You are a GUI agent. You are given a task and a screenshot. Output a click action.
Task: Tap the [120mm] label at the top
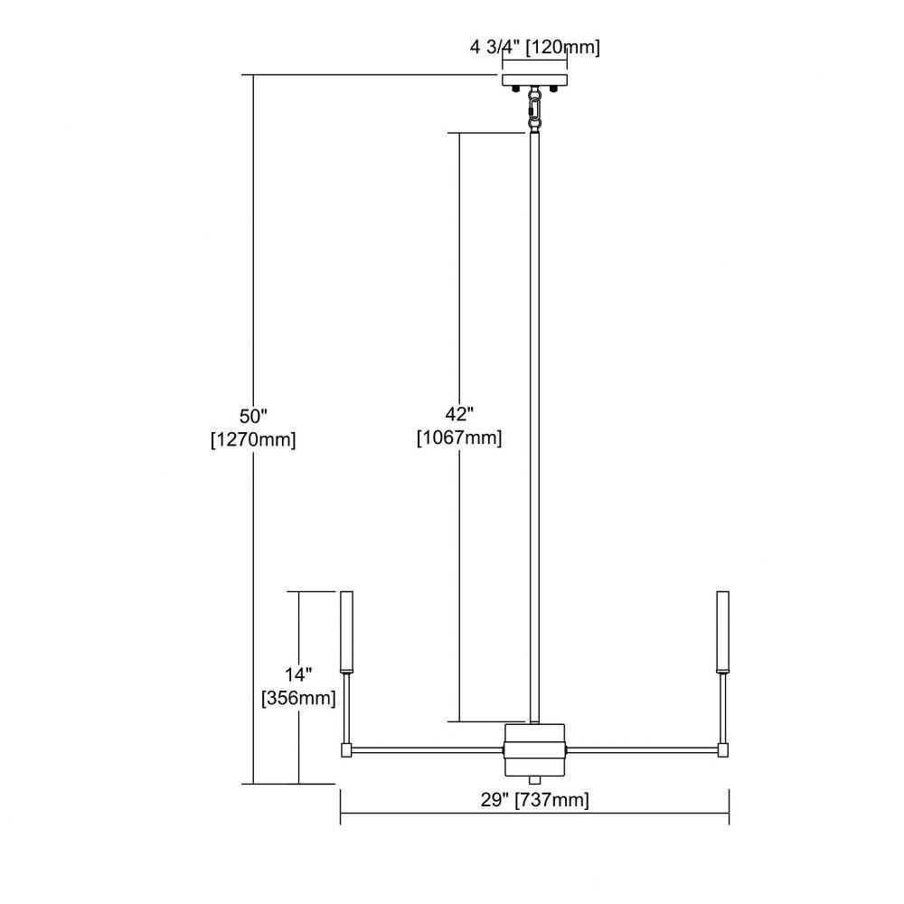[x=562, y=47]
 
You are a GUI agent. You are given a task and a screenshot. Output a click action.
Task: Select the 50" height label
[x=254, y=416]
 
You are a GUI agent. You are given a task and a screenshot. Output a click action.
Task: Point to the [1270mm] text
[x=254, y=440]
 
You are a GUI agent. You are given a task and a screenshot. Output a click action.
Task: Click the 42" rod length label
[x=459, y=413]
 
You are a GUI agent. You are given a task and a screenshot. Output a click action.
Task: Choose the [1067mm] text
[x=459, y=438]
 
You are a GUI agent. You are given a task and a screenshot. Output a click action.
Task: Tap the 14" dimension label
[x=298, y=674]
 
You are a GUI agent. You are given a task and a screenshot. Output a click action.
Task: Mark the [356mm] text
[x=298, y=698]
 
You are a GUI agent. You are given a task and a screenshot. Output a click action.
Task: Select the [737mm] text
[x=551, y=800]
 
